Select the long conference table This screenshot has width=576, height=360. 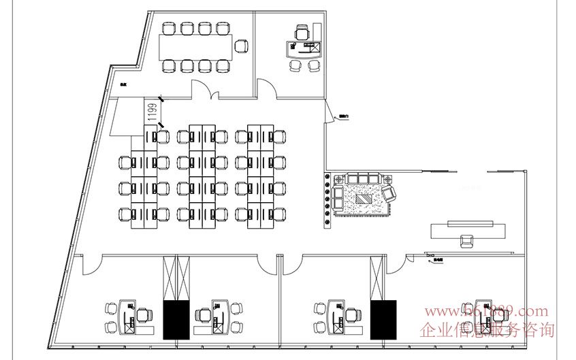(x=195, y=46)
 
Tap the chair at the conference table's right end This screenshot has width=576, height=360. (x=240, y=46)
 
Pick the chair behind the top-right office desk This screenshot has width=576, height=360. (x=302, y=32)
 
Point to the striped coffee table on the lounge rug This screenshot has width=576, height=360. (x=366, y=199)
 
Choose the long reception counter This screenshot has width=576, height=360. (x=468, y=229)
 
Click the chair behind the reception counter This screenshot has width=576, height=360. (x=467, y=241)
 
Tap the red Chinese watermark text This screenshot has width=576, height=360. (x=488, y=331)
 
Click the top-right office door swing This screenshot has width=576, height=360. (x=266, y=87)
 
